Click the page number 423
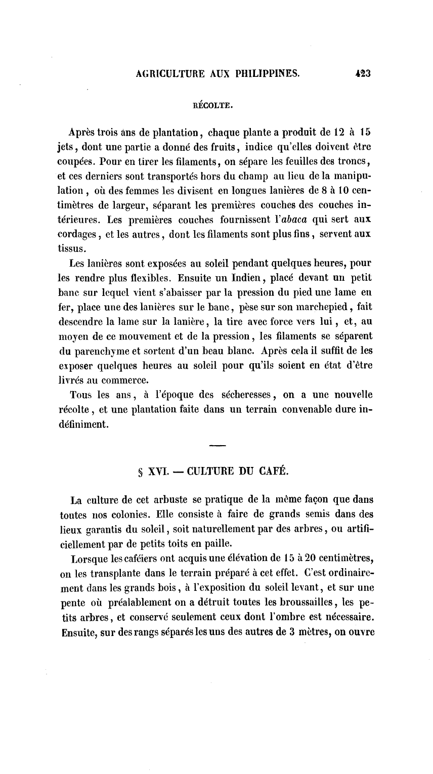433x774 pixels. pos(363,73)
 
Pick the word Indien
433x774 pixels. pos(238,278)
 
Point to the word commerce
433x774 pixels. pos(123,378)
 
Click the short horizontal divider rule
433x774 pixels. pos(217,446)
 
